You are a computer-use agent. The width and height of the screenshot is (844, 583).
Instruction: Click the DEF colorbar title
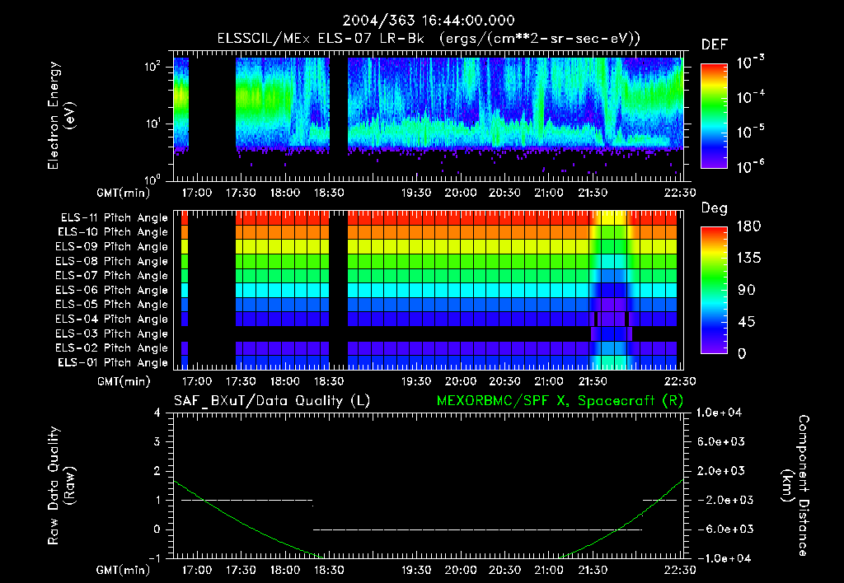(x=714, y=45)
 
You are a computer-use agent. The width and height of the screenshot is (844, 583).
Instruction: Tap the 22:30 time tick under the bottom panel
(x=678, y=569)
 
